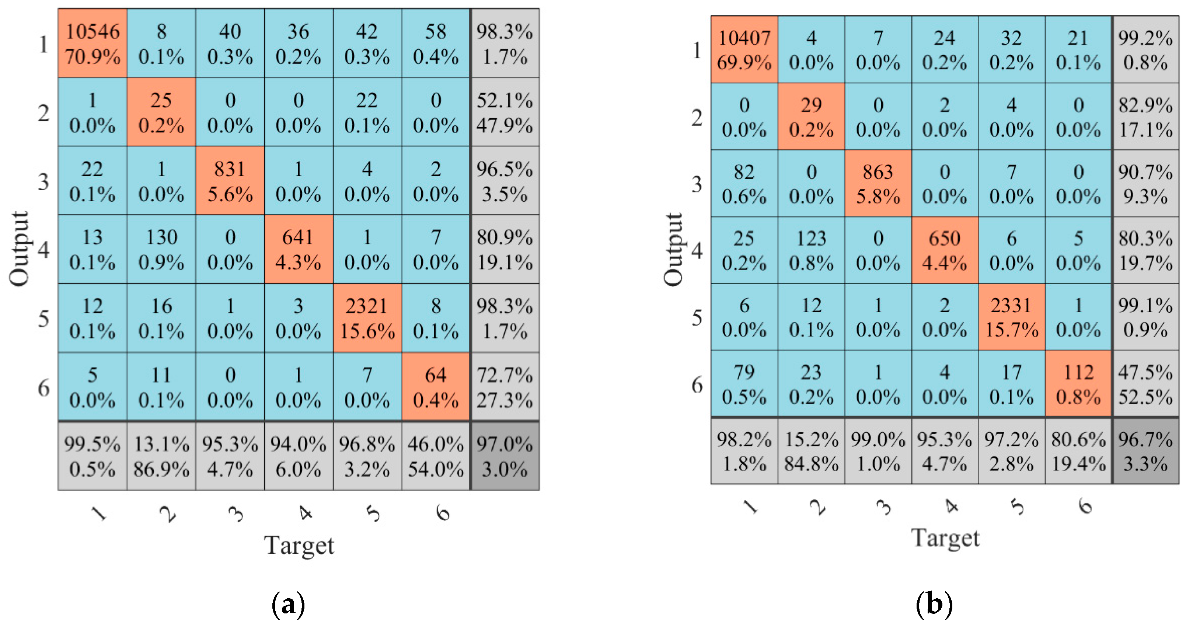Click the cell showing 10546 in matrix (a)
click(92, 43)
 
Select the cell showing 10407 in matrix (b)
click(744, 50)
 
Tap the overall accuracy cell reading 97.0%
click(505, 456)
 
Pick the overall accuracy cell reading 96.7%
click(1145, 451)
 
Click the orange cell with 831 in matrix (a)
click(230, 181)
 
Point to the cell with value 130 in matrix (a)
click(161, 250)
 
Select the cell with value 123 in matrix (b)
click(811, 250)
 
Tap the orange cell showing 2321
click(367, 318)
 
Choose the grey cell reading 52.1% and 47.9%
click(505, 112)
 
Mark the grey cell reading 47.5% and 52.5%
click(1145, 384)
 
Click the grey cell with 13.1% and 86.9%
click(161, 456)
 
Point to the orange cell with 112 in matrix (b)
click(1078, 384)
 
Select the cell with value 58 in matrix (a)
click(436, 43)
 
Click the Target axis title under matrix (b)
click(945, 537)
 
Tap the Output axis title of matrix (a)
click(20, 249)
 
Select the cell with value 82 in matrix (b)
click(744, 184)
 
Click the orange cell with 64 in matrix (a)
click(436, 387)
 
